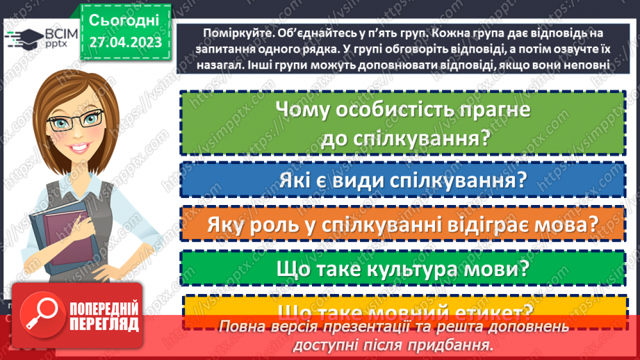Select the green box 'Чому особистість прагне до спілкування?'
(x=403, y=124)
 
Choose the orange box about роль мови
(x=403, y=225)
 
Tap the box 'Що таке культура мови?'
(x=403, y=268)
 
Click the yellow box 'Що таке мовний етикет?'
(x=403, y=310)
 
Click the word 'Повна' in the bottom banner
(x=240, y=327)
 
